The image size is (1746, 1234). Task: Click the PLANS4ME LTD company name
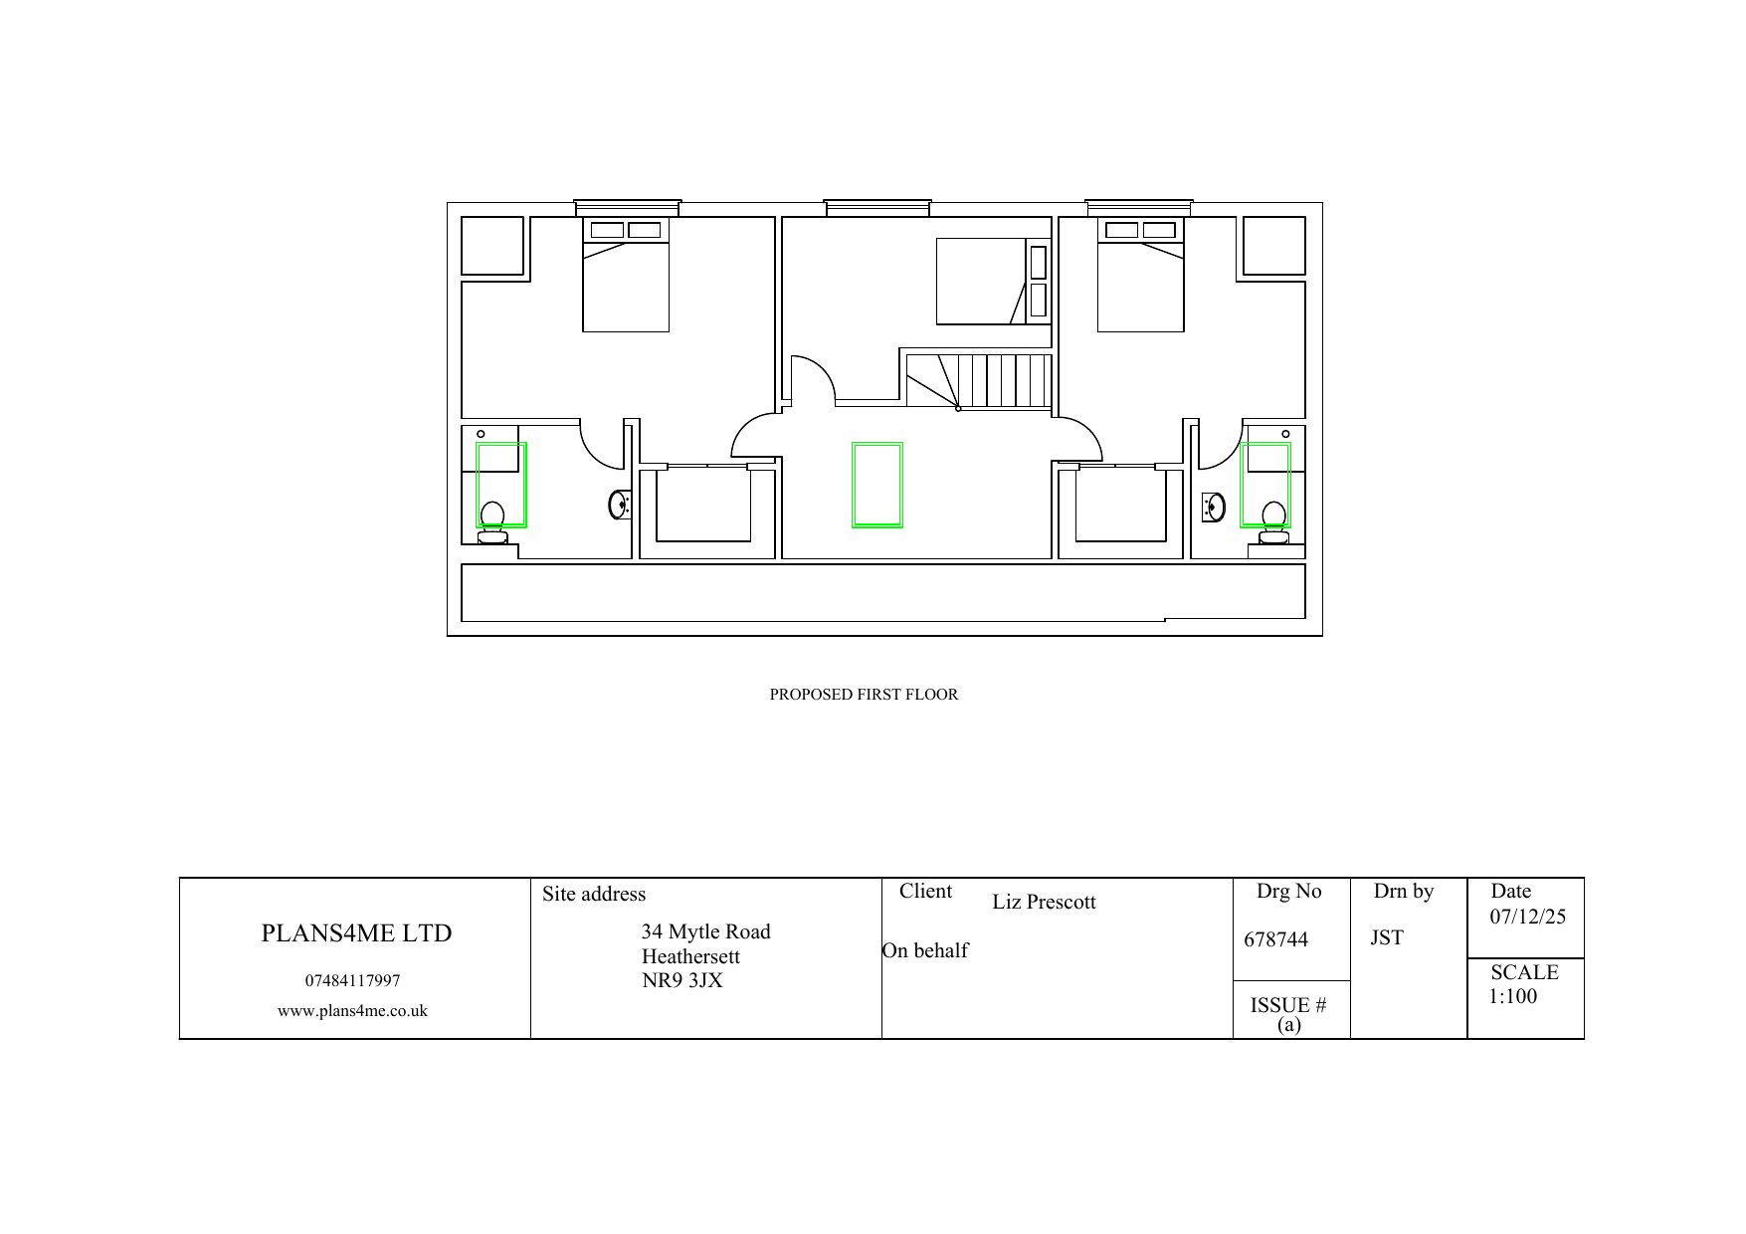pyautogui.click(x=356, y=933)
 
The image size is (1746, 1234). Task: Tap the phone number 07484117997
pyautogui.click(x=352, y=981)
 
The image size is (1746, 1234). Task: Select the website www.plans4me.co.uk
pyautogui.click(x=352, y=1011)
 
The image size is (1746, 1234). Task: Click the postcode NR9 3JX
pyautogui.click(x=682, y=980)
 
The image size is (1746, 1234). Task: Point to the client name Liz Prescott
pyautogui.click(x=1044, y=903)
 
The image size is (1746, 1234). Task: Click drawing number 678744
pyautogui.click(x=1276, y=939)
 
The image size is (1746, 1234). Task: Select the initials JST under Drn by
pyautogui.click(x=1387, y=937)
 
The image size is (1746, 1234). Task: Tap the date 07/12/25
pyautogui.click(x=1527, y=918)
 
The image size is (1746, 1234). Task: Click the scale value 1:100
pyautogui.click(x=1513, y=996)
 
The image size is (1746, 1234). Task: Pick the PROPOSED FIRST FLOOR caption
pyautogui.click(x=864, y=695)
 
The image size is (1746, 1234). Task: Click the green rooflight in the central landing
pyautogui.click(x=877, y=485)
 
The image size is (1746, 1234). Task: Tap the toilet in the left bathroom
pyautogui.click(x=492, y=522)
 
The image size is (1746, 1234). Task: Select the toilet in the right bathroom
pyautogui.click(x=1273, y=522)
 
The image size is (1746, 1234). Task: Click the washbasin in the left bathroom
pyautogui.click(x=618, y=505)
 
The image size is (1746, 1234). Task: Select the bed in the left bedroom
pyautogui.click(x=626, y=275)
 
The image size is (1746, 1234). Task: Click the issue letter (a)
pyautogui.click(x=1288, y=1025)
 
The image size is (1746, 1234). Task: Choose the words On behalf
pyautogui.click(x=925, y=950)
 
